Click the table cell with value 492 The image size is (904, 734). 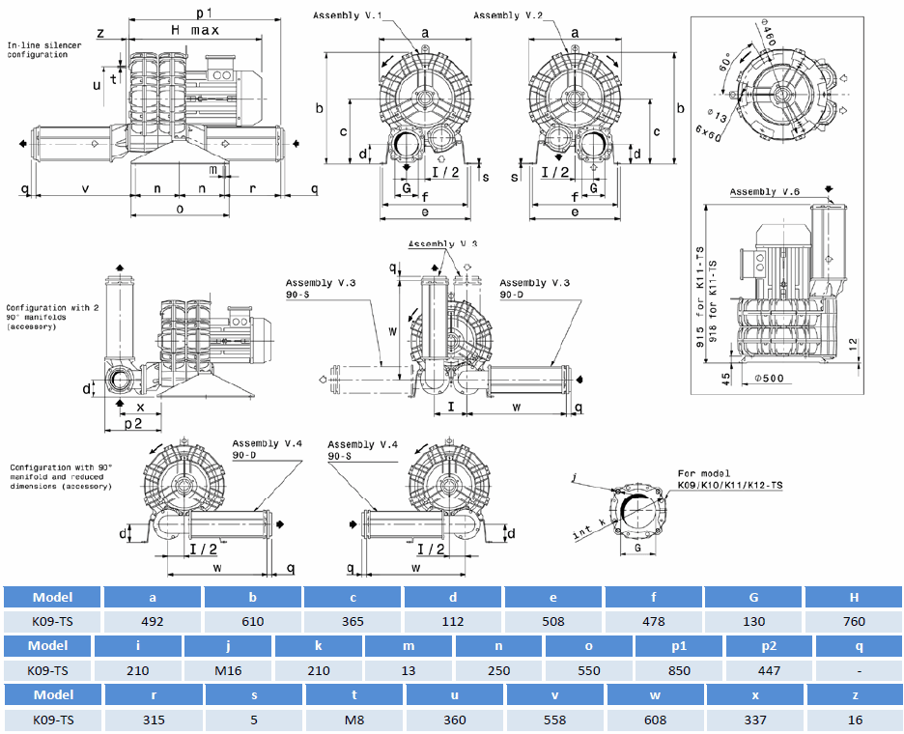[153, 621]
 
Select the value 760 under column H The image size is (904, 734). [853, 621]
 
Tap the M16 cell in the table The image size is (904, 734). [228, 670]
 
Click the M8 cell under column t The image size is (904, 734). [353, 720]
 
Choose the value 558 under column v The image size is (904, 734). [553, 720]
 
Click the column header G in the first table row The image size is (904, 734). [753, 596]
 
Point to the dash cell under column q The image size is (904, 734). [859, 670]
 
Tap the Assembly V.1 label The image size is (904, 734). [347, 15]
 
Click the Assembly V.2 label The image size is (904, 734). [508, 15]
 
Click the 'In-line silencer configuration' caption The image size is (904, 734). [38, 50]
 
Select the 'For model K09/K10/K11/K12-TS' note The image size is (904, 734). [728, 478]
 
